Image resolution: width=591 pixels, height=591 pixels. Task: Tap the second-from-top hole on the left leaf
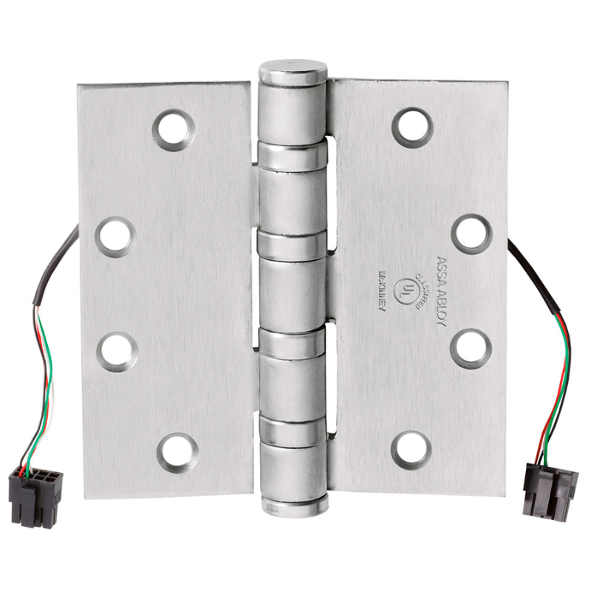coord(116,236)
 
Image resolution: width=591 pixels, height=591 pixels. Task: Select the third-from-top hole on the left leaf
coord(117,351)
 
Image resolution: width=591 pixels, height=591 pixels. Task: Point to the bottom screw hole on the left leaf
coord(178,451)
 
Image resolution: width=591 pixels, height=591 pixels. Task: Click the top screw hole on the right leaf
coord(412,127)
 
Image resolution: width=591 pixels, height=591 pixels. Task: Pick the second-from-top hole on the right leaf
coord(471,233)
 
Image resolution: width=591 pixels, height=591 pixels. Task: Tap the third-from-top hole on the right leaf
coord(471,348)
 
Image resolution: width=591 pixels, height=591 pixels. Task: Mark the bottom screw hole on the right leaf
coord(411,449)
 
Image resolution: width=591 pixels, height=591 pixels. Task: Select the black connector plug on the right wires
coord(549,488)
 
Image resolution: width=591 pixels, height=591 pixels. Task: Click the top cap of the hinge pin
coord(293,72)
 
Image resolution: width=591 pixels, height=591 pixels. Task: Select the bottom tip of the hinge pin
coord(293,509)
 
